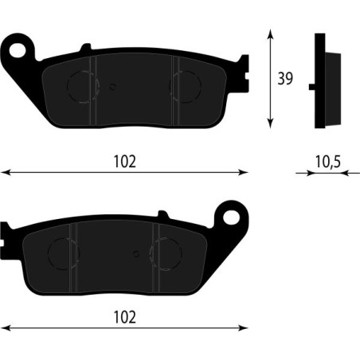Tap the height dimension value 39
(x=285, y=78)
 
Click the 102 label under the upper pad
(x=124, y=162)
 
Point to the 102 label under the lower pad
(x=124, y=316)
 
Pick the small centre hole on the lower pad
(x=136, y=256)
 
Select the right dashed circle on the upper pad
(x=185, y=86)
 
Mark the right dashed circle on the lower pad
(x=166, y=255)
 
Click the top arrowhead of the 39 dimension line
(x=272, y=32)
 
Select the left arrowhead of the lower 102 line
(x=4, y=326)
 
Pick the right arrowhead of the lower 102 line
(x=245, y=326)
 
